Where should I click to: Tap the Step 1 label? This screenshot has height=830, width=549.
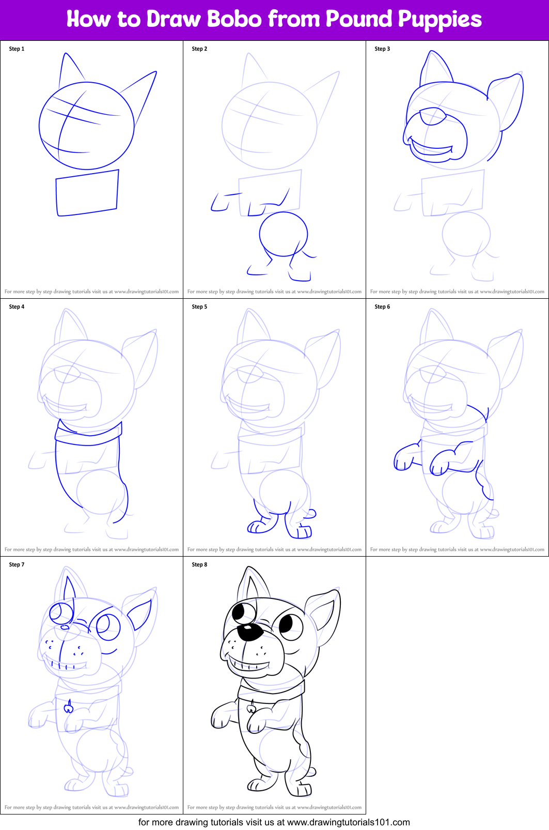click(x=17, y=49)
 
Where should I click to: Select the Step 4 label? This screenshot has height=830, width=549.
click(x=17, y=306)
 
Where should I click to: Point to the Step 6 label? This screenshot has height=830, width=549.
click(x=382, y=306)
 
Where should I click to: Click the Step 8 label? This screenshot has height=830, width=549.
click(x=199, y=564)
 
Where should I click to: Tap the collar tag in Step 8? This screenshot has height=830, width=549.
click(x=252, y=706)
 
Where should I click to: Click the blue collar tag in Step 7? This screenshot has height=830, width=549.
click(x=68, y=706)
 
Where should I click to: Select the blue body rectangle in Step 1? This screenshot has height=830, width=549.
click(x=87, y=193)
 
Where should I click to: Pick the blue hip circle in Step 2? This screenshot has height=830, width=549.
click(x=283, y=234)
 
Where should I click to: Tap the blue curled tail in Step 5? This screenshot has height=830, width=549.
click(x=311, y=514)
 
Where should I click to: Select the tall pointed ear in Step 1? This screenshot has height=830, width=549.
click(x=69, y=69)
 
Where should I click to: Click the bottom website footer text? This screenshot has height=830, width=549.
click(x=274, y=822)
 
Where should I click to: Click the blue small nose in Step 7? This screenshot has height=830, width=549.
click(x=65, y=627)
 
